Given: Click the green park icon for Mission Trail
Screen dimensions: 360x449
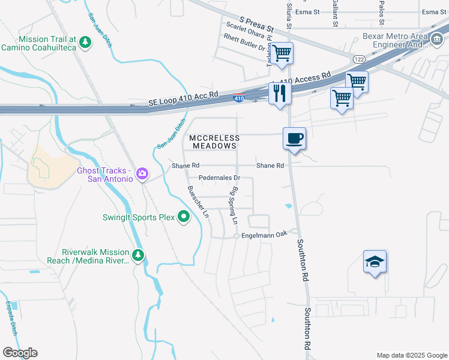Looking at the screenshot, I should (86, 42).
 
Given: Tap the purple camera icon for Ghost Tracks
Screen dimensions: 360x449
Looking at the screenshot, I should (142, 174).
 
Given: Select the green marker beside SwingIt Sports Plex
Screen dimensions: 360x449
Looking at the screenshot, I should (184, 217).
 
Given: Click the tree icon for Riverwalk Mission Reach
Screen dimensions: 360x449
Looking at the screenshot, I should (139, 256).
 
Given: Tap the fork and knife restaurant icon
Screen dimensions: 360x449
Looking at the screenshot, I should (280, 93).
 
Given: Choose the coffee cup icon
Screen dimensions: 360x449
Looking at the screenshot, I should (295, 139).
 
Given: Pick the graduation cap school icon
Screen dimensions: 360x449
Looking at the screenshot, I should (375, 262).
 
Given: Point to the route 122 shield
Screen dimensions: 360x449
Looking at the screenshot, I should (359, 59).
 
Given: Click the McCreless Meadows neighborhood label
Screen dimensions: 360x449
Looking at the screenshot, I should (214, 142).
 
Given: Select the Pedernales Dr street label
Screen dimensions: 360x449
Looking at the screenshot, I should (220, 178).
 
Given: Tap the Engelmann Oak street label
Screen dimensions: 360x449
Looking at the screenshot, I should (265, 235).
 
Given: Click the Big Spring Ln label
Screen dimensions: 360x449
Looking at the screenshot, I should (233, 204).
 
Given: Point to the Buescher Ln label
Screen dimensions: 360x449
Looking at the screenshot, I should (198, 201).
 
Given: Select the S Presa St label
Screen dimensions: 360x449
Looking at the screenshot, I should (256, 25).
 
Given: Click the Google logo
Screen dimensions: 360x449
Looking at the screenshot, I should (20, 353).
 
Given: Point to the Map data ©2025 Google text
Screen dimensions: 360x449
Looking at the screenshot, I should (411, 355).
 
